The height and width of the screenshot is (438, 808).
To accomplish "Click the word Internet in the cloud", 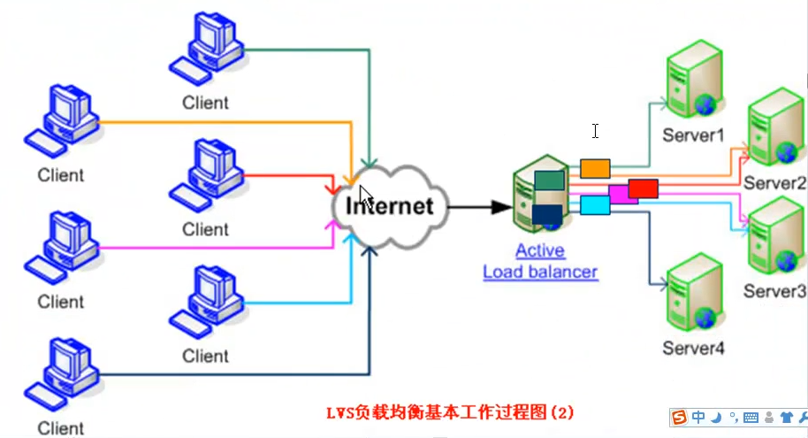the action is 390,206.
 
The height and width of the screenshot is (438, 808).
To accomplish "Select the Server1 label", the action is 693,135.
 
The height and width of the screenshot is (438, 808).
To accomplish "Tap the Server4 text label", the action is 693,349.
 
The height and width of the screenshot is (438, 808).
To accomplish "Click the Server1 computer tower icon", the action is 694,80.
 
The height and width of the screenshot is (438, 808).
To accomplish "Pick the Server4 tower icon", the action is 694,293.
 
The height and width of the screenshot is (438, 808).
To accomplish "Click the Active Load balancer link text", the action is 540,261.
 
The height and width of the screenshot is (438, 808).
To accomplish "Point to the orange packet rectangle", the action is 595,169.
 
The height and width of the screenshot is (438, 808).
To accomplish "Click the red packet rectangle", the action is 643,188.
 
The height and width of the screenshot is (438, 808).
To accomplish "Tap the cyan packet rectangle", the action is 595,205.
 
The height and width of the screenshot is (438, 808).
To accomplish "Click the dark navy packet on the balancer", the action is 547,215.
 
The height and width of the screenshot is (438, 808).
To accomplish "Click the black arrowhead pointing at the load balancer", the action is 501,207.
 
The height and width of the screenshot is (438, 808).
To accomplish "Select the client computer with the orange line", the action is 62,121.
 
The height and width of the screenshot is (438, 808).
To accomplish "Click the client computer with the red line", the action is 207,175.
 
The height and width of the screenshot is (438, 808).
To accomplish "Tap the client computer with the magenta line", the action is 62,248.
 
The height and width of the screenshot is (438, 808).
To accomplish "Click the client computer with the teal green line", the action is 207,49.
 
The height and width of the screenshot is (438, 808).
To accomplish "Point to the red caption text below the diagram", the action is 450,412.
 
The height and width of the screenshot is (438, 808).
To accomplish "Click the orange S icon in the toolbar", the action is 679,417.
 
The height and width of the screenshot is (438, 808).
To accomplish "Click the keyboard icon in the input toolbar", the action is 751,418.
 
